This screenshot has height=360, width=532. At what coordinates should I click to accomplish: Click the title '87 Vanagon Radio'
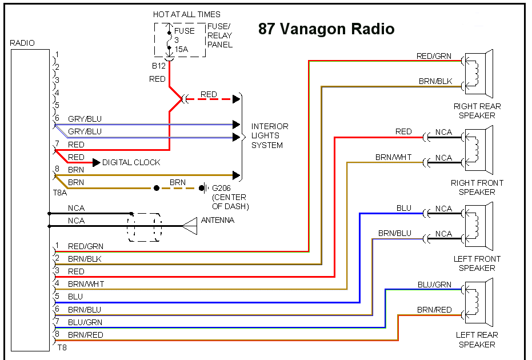[x=326, y=29]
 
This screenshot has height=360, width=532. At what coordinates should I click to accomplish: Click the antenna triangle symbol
[x=190, y=227]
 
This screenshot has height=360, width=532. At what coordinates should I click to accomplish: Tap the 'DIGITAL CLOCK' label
[x=131, y=162]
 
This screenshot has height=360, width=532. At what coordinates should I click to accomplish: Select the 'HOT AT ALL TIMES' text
[x=186, y=14]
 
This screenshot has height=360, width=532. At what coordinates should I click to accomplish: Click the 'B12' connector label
[x=159, y=65]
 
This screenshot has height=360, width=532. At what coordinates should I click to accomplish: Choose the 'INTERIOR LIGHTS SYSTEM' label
[x=270, y=136]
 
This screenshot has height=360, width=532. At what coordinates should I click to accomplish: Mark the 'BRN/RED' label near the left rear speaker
[x=434, y=310]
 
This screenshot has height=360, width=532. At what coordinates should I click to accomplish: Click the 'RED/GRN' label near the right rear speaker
[x=434, y=56]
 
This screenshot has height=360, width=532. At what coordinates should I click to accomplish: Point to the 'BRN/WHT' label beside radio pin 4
[x=86, y=284]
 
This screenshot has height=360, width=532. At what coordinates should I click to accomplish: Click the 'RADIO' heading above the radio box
[x=22, y=43]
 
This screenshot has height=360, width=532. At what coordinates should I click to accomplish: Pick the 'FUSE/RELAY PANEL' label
[x=220, y=35]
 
